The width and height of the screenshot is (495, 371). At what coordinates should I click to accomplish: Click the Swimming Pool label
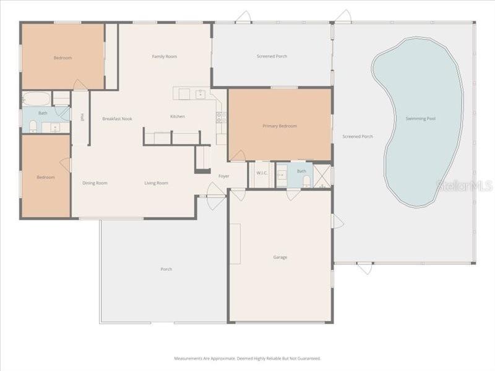click(421, 118)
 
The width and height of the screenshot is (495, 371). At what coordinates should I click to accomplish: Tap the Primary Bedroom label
click(280, 126)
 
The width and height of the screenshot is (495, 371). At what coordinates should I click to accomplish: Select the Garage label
click(280, 257)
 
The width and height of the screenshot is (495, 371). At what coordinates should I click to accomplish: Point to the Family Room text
click(165, 57)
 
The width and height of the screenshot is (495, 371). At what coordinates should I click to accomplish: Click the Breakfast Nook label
click(118, 119)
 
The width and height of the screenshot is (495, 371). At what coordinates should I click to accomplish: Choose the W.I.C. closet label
click(262, 173)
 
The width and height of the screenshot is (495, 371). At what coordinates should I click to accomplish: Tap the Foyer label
click(224, 176)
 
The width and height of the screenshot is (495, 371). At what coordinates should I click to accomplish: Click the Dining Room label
click(95, 183)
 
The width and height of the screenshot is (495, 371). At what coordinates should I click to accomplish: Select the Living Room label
click(157, 183)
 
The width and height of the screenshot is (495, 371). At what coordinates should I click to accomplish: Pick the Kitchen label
click(178, 117)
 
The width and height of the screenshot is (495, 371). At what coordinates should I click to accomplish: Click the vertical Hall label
click(82, 117)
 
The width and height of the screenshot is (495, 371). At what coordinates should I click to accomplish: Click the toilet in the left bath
click(33, 127)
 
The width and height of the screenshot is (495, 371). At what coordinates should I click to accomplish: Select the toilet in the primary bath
click(306, 181)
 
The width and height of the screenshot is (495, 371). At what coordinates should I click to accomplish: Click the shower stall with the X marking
click(322, 176)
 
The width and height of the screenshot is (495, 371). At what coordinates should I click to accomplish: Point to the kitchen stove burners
click(220, 116)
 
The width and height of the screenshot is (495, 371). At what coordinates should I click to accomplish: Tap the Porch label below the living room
click(166, 269)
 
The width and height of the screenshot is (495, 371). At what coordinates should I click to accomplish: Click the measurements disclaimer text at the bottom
click(247, 358)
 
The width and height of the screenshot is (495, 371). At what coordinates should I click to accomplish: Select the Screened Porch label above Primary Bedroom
click(272, 57)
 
